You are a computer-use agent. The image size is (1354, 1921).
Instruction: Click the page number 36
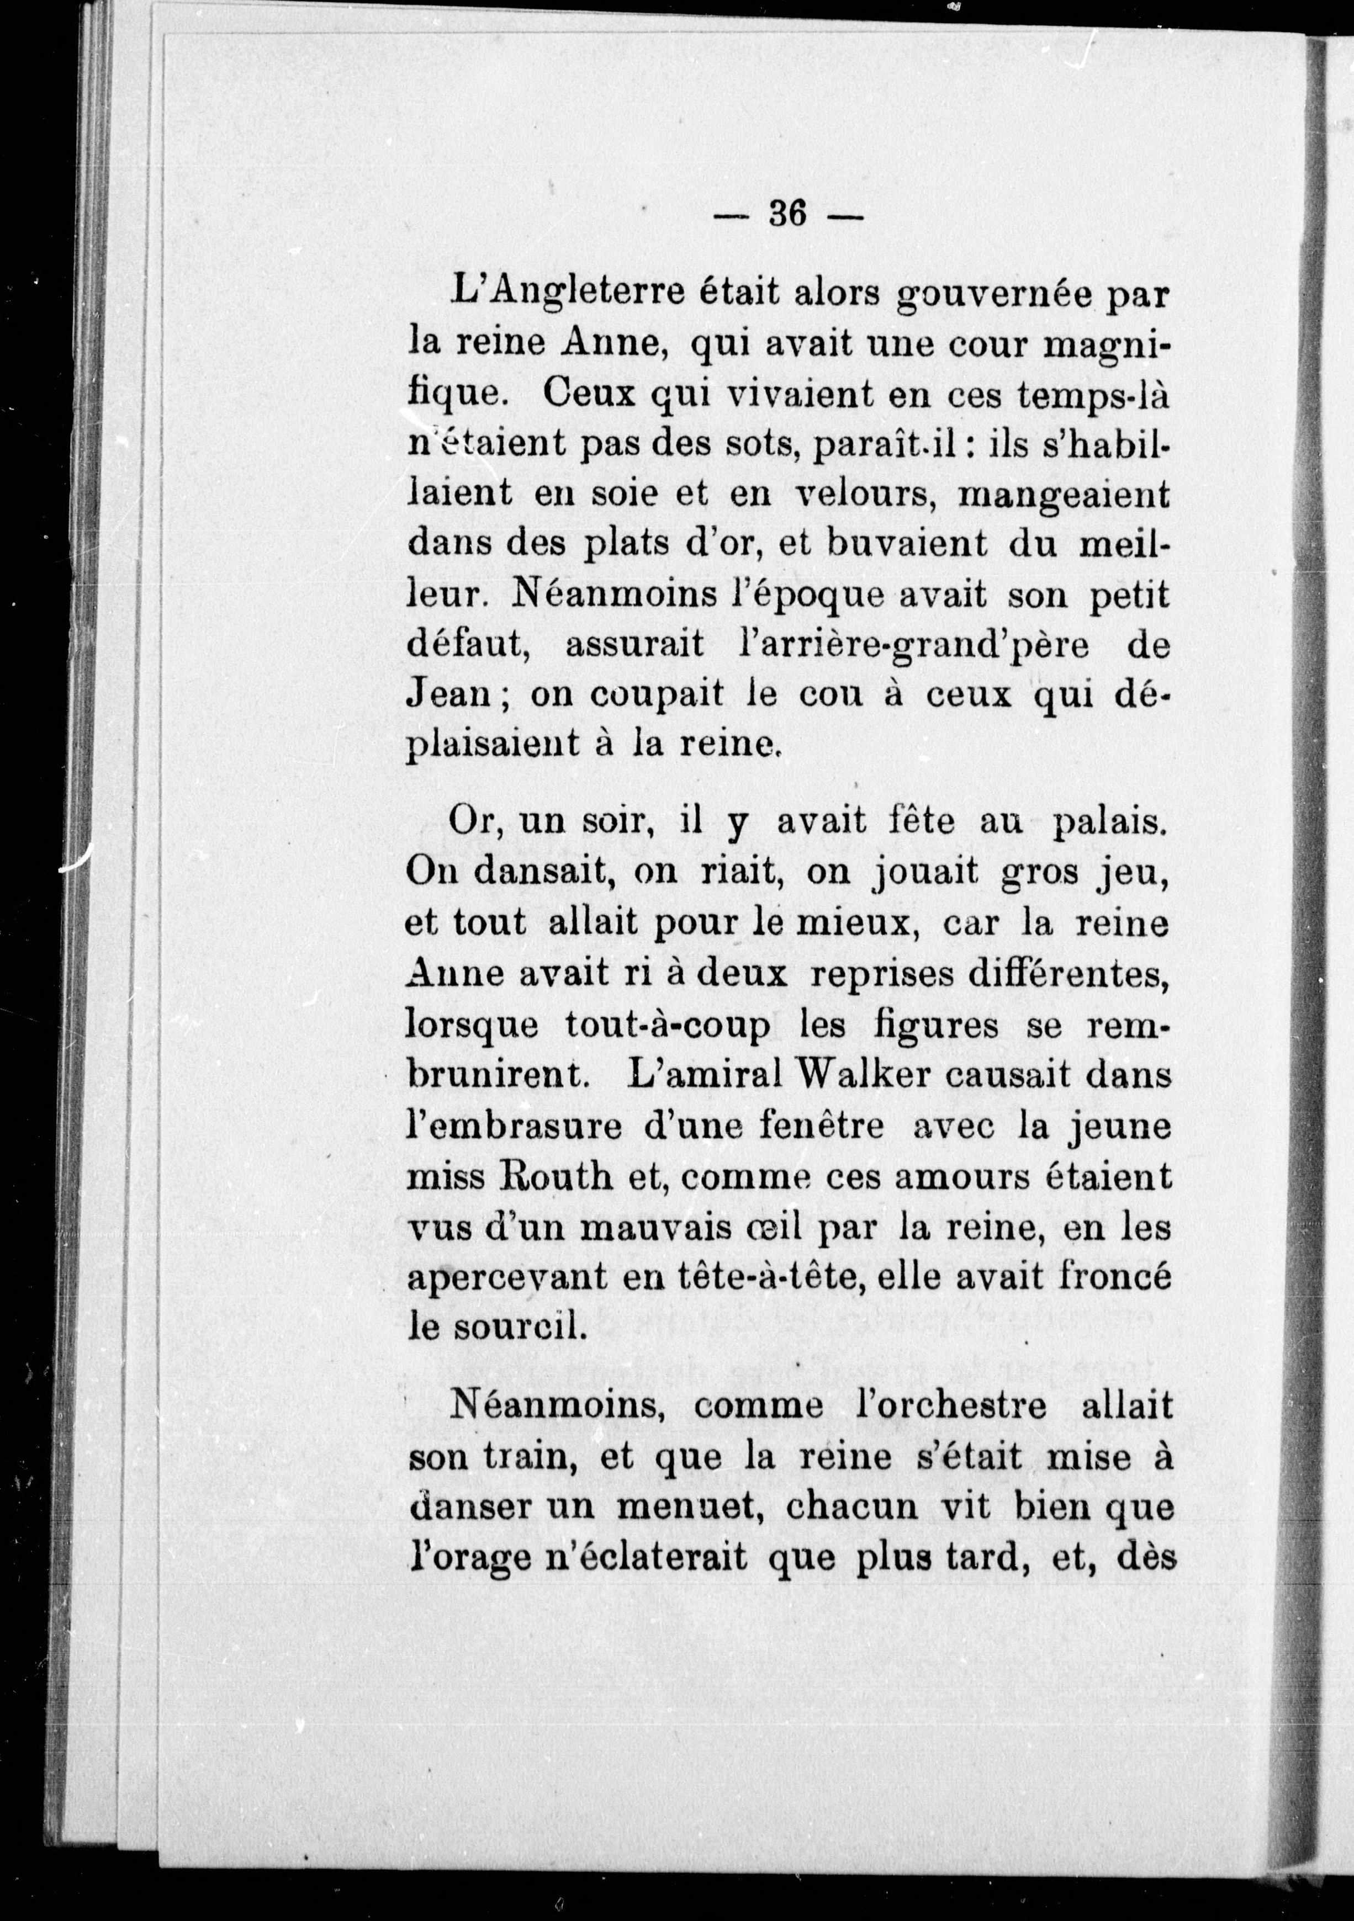787,214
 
